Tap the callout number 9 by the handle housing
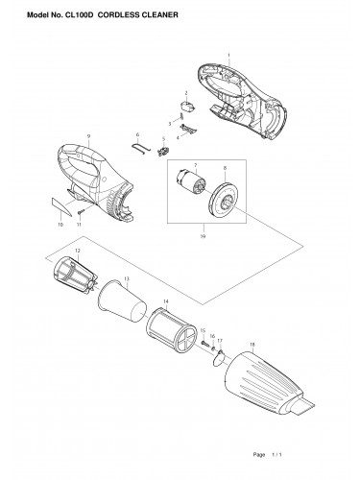click(x=88, y=136)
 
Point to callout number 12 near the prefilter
click(x=64, y=251)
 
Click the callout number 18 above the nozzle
click(x=252, y=343)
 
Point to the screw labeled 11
click(x=84, y=210)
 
